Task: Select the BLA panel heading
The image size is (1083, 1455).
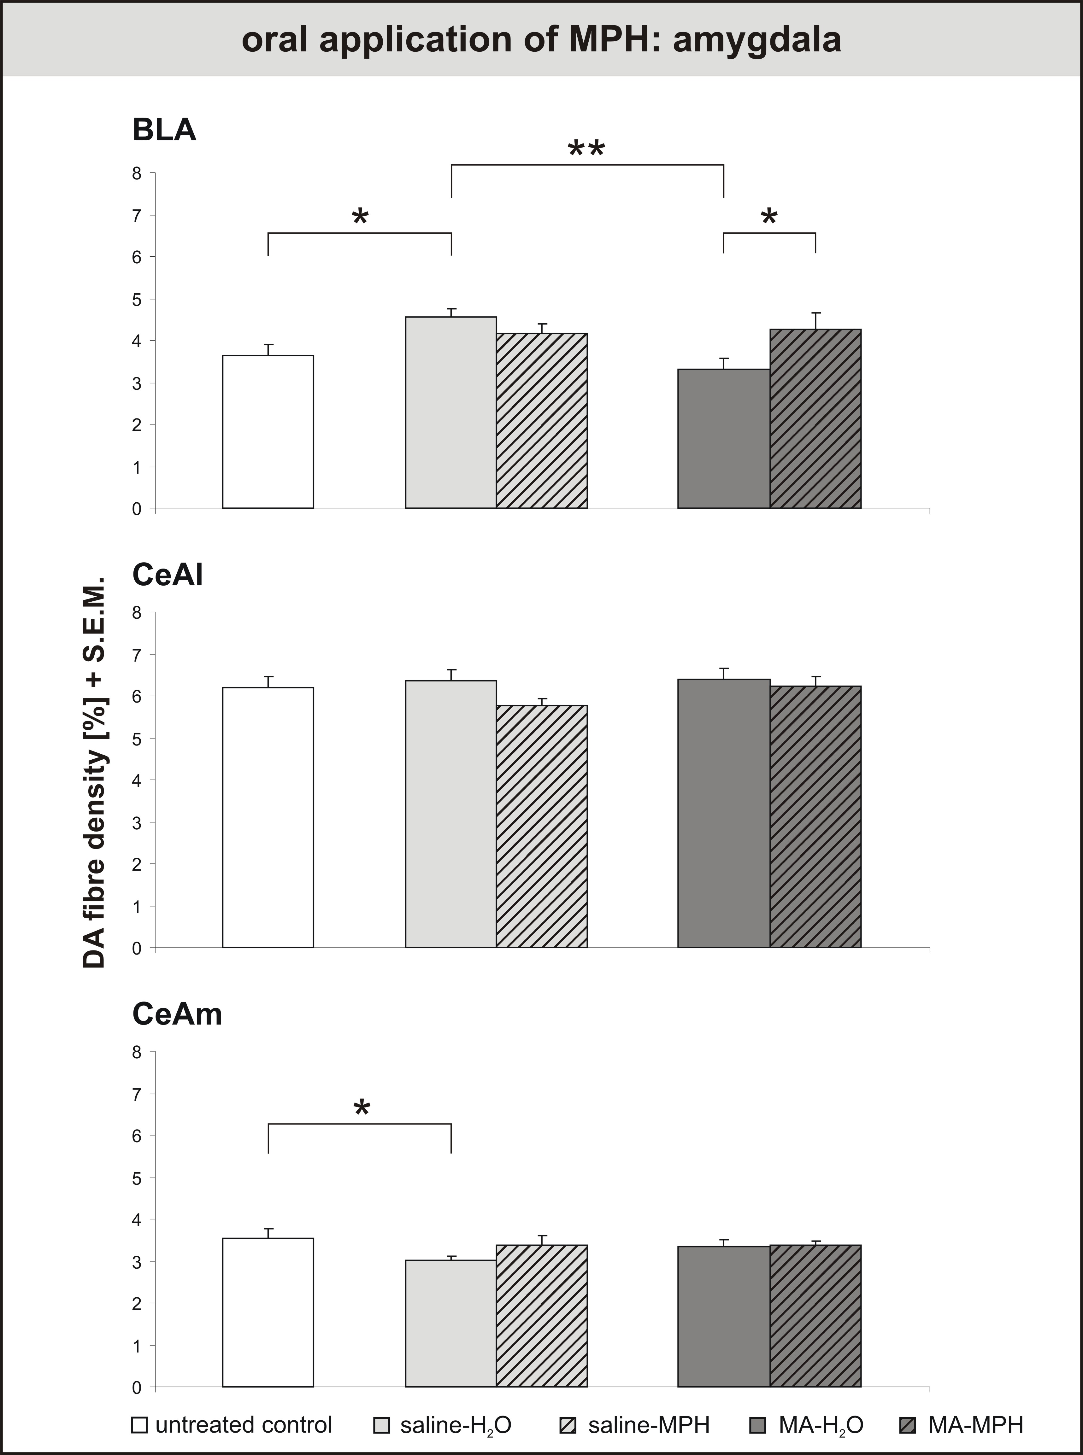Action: pyautogui.click(x=164, y=130)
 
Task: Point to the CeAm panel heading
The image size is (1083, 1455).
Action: pyautogui.click(x=177, y=1014)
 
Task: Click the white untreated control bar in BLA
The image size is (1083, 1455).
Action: pyautogui.click(x=268, y=432)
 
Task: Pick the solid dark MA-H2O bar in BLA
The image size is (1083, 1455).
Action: pyautogui.click(x=724, y=438)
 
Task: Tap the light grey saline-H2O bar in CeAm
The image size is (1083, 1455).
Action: pyautogui.click(x=451, y=1323)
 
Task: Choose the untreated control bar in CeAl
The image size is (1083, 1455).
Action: pyautogui.click(x=268, y=817)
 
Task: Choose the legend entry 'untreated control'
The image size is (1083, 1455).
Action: pyautogui.click(x=232, y=1425)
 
